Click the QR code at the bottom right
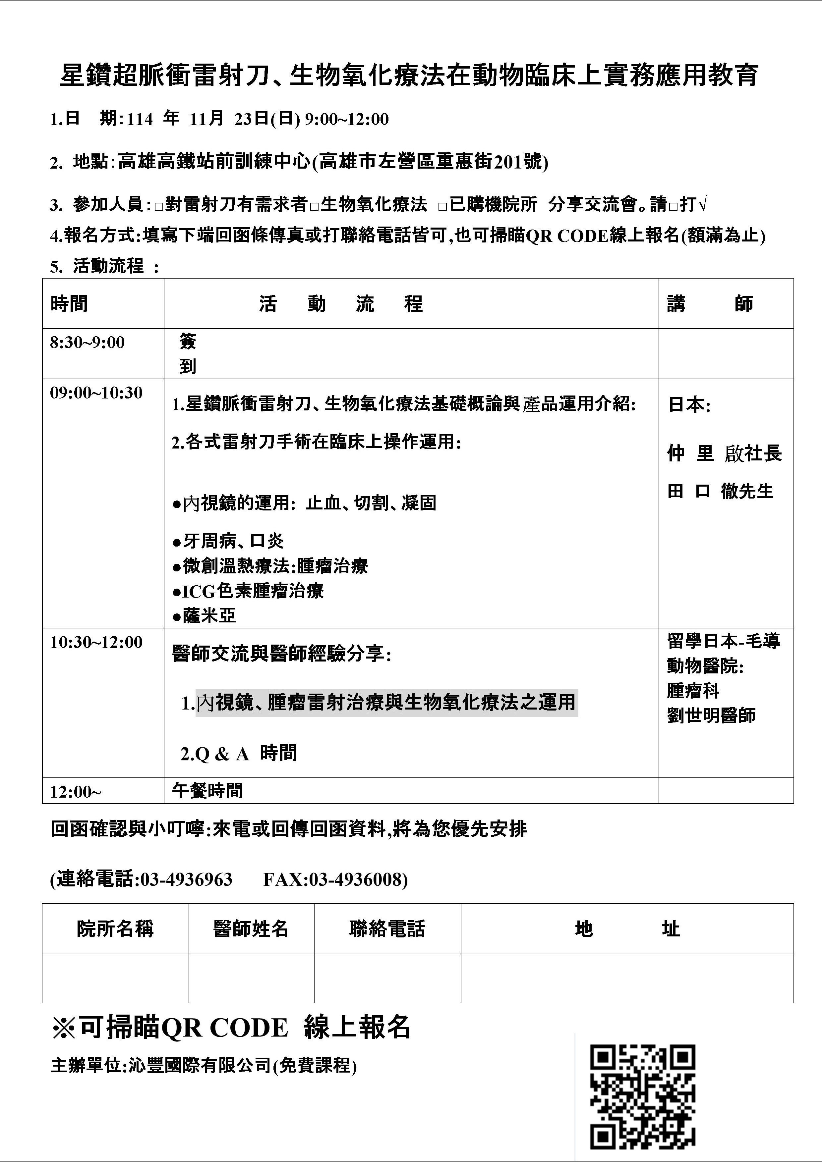click(643, 1096)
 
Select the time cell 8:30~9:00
click(87, 343)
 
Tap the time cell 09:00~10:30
click(96, 393)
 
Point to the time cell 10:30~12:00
click(96, 642)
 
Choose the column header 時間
click(69, 304)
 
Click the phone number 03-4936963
click(186, 879)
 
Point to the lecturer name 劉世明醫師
click(711, 715)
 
